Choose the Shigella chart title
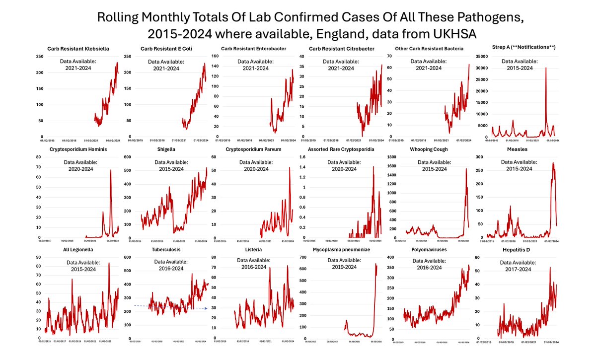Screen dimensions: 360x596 [168, 149]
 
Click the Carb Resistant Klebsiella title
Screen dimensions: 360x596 [78, 49]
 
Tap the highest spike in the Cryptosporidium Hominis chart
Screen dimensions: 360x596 [111, 170]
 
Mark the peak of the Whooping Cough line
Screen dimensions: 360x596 [466, 169]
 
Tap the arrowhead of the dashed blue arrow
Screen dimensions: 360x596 [207, 309]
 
